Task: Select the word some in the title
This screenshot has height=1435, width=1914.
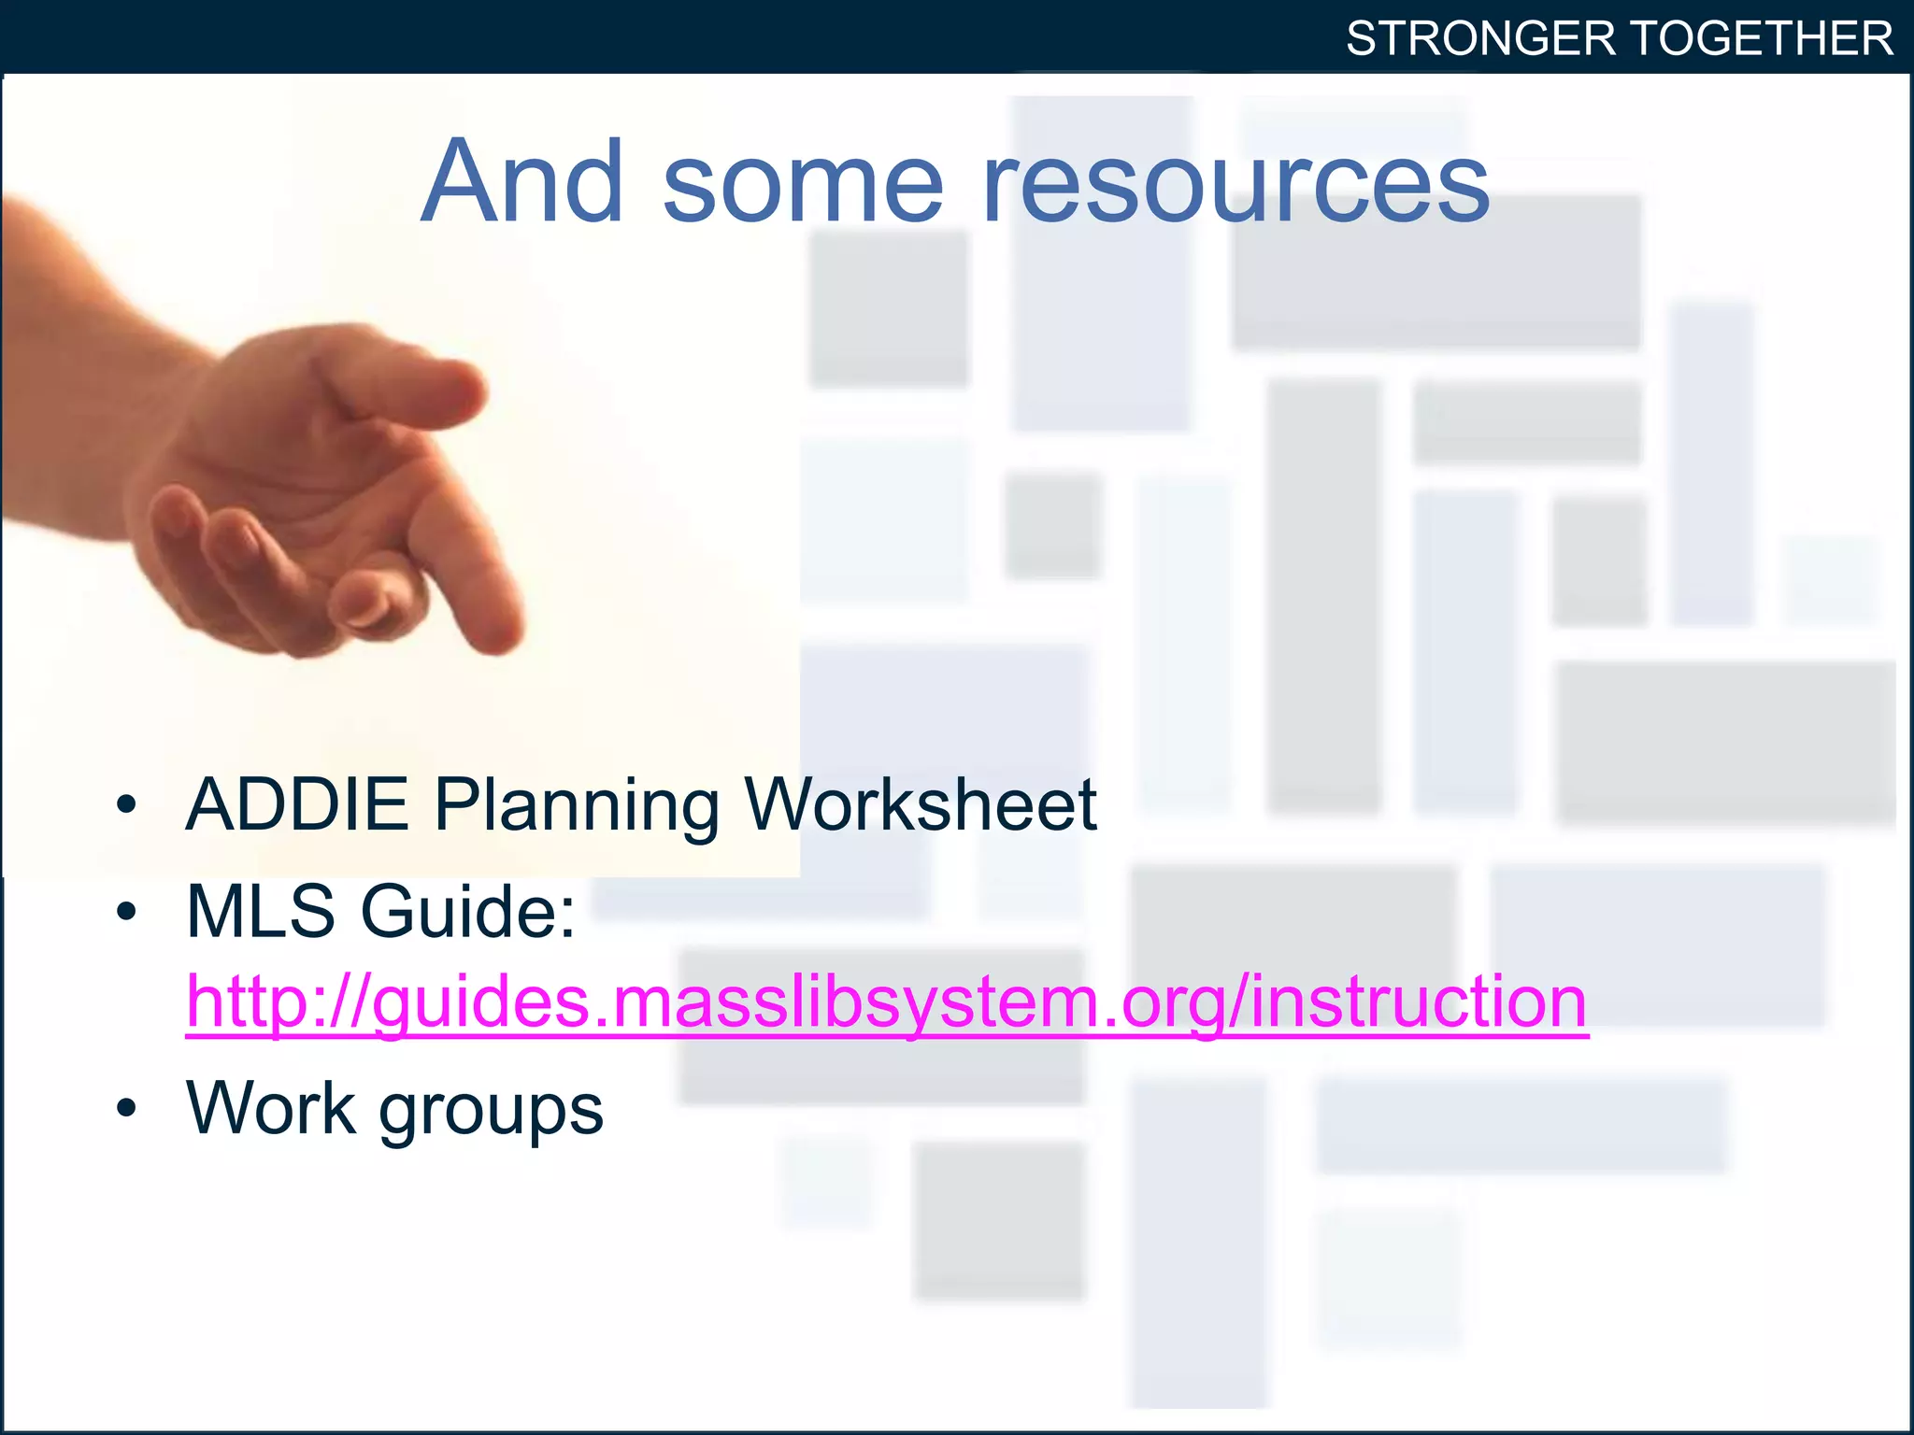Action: [x=803, y=183]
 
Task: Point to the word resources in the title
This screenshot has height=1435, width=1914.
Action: [x=1236, y=183]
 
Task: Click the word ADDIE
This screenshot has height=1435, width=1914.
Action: [x=297, y=804]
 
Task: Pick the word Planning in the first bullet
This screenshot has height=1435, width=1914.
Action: [x=577, y=806]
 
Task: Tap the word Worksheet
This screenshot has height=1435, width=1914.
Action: [x=920, y=804]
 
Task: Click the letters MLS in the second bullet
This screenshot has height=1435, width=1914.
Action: [x=261, y=911]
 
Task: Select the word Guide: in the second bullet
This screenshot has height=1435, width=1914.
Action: [x=468, y=911]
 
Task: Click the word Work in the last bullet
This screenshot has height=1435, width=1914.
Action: [x=271, y=1108]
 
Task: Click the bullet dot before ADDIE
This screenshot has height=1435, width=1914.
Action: [x=127, y=804]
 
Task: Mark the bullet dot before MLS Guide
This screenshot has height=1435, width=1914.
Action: [x=127, y=911]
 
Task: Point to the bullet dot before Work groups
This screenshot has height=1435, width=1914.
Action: [x=127, y=1108]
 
